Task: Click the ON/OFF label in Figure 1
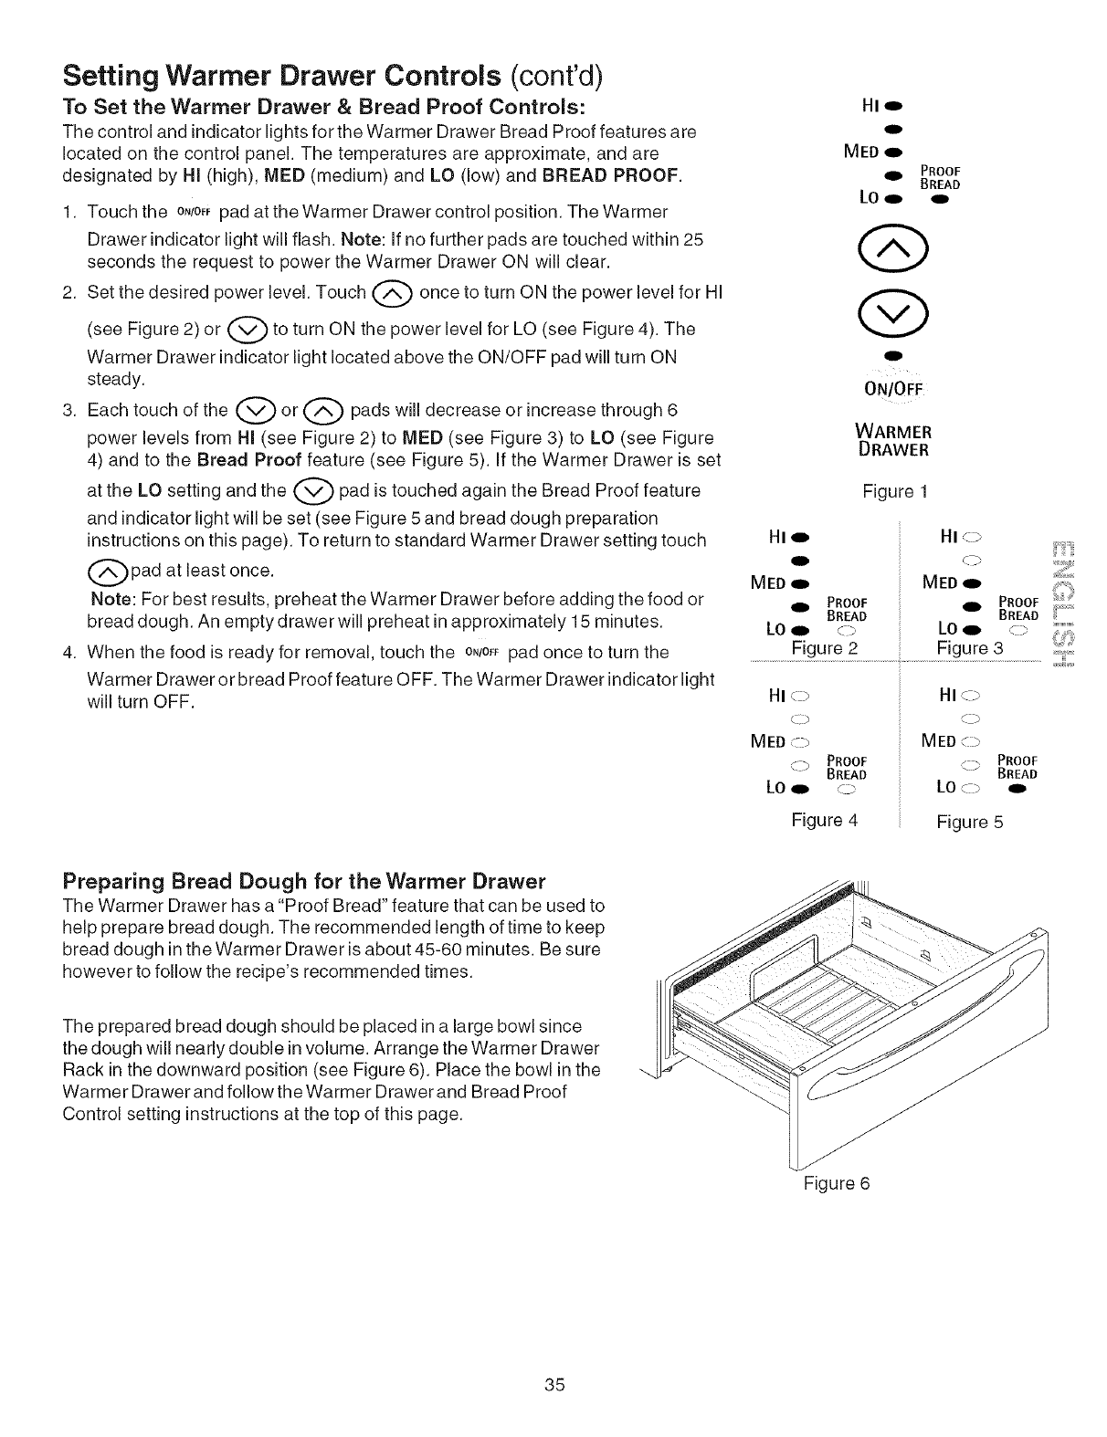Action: tap(895, 383)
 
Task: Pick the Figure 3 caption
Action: tap(970, 648)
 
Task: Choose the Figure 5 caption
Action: tap(970, 822)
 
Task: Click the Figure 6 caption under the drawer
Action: tap(837, 1183)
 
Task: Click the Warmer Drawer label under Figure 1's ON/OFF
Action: tap(894, 440)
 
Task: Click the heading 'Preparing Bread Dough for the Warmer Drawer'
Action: tap(304, 882)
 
